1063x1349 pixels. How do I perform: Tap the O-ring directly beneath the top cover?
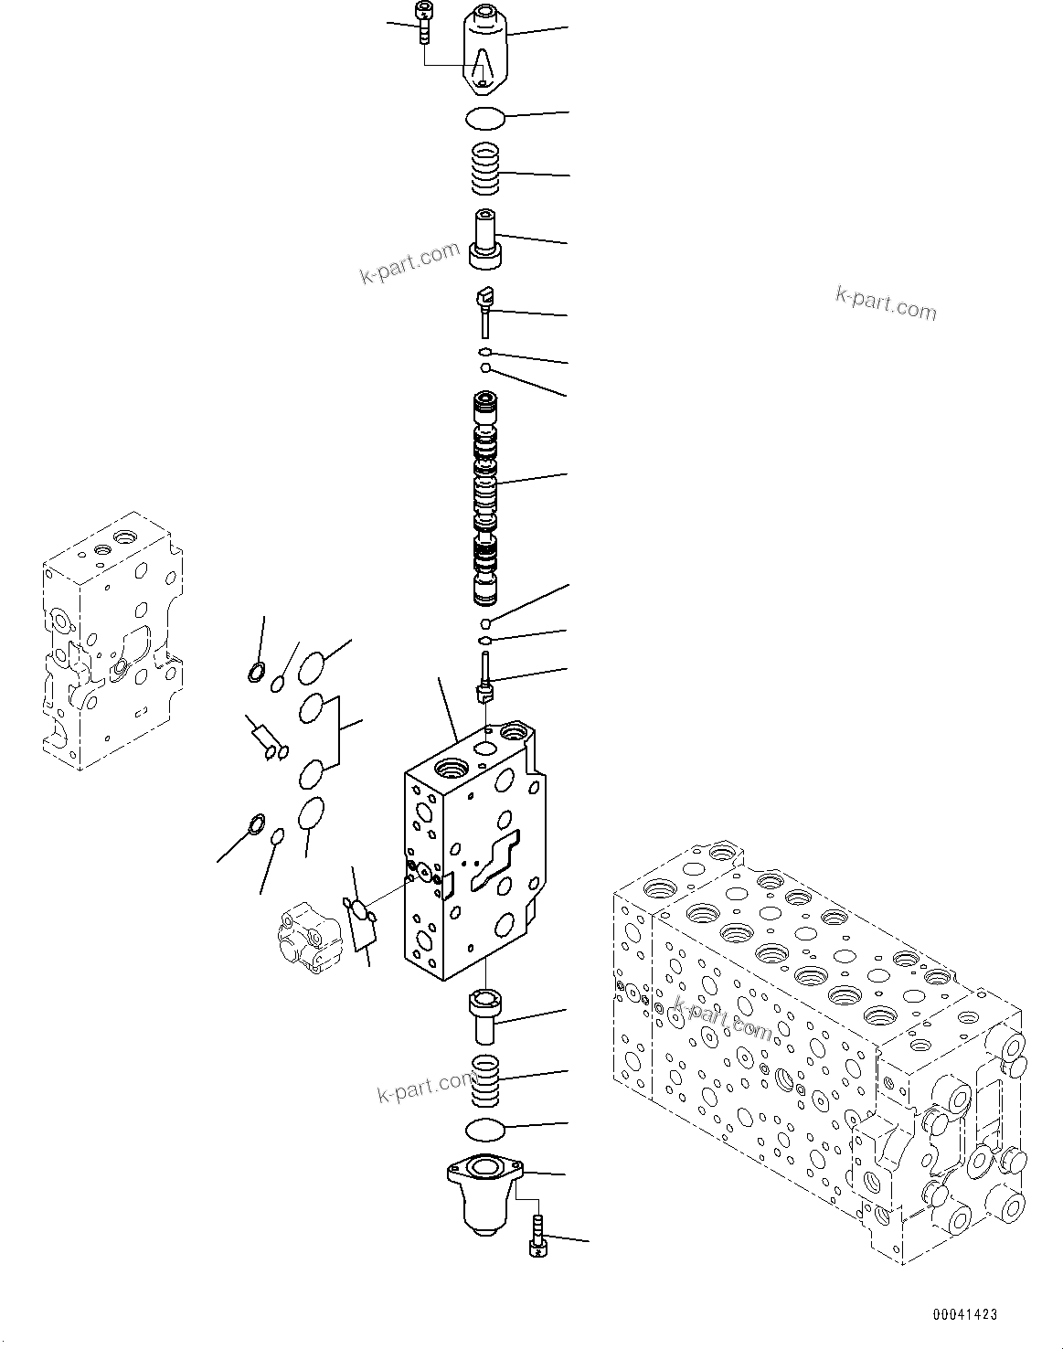coord(484,118)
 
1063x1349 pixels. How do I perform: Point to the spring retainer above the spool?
coord(486,239)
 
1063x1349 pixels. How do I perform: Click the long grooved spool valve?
coord(485,498)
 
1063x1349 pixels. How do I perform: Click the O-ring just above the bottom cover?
coord(484,1130)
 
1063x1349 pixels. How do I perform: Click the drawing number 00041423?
coord(964,1314)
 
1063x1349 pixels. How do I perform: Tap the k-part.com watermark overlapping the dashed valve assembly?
coord(722,1018)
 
